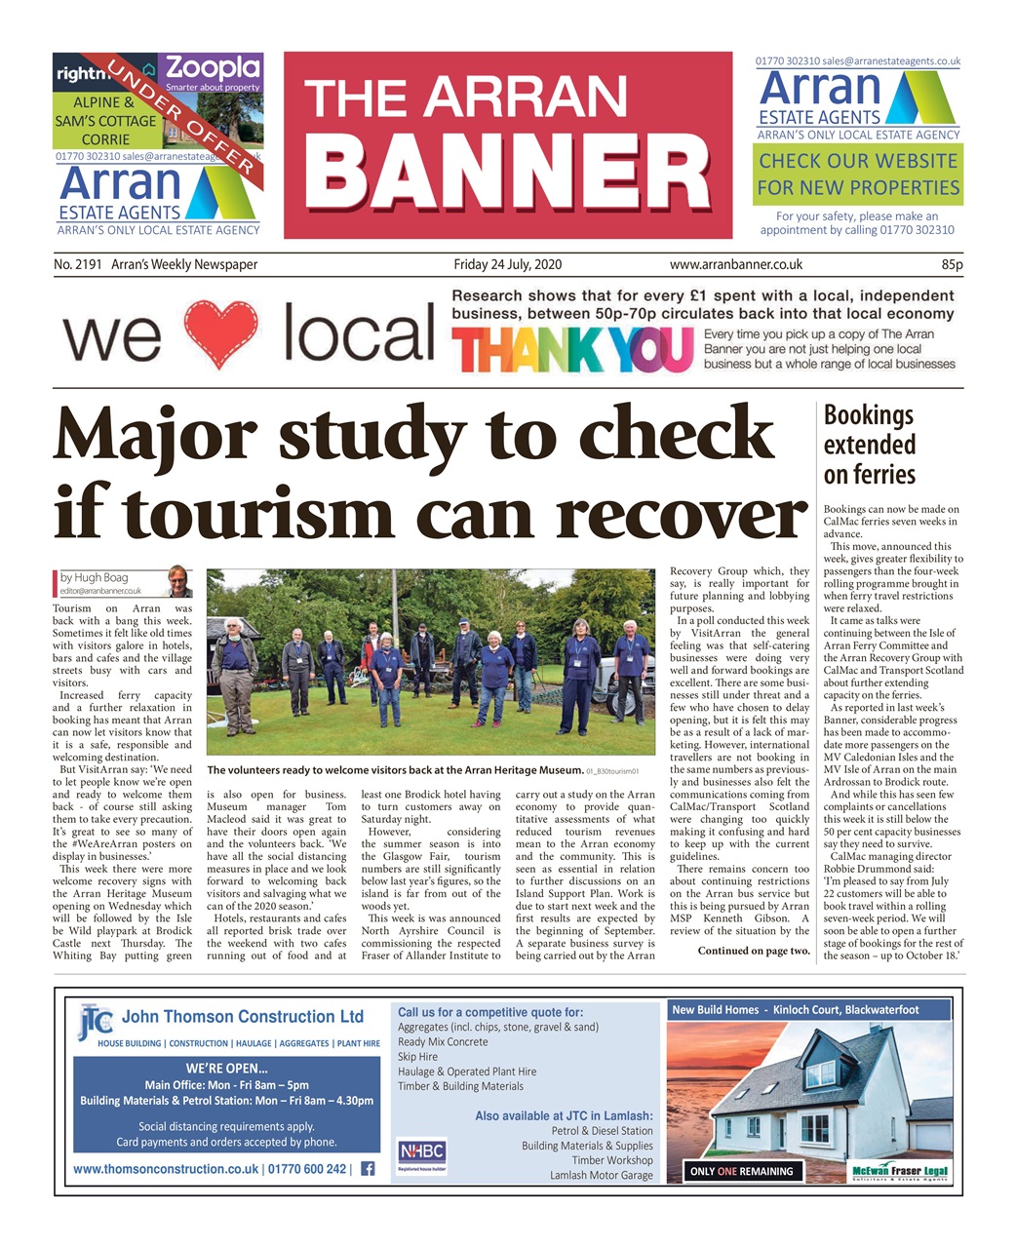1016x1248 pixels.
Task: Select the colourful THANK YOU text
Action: click(x=572, y=350)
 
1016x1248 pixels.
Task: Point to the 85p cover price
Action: click(x=951, y=265)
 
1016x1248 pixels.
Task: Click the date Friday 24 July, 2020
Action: click(x=507, y=265)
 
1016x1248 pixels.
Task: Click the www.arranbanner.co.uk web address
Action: click(x=735, y=265)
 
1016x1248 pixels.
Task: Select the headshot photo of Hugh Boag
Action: click(x=178, y=582)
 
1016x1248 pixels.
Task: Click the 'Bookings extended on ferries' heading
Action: click(x=869, y=445)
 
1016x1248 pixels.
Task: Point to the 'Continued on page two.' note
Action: click(x=753, y=951)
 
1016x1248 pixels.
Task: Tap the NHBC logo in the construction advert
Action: click(x=421, y=1152)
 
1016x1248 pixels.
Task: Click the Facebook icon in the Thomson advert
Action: click(x=368, y=1168)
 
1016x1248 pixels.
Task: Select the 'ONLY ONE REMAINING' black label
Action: click(x=740, y=1171)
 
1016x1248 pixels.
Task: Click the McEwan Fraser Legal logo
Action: click(x=899, y=1171)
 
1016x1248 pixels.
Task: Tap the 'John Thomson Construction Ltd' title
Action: click(x=242, y=1017)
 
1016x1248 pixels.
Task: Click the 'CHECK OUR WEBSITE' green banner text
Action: click(x=858, y=161)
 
